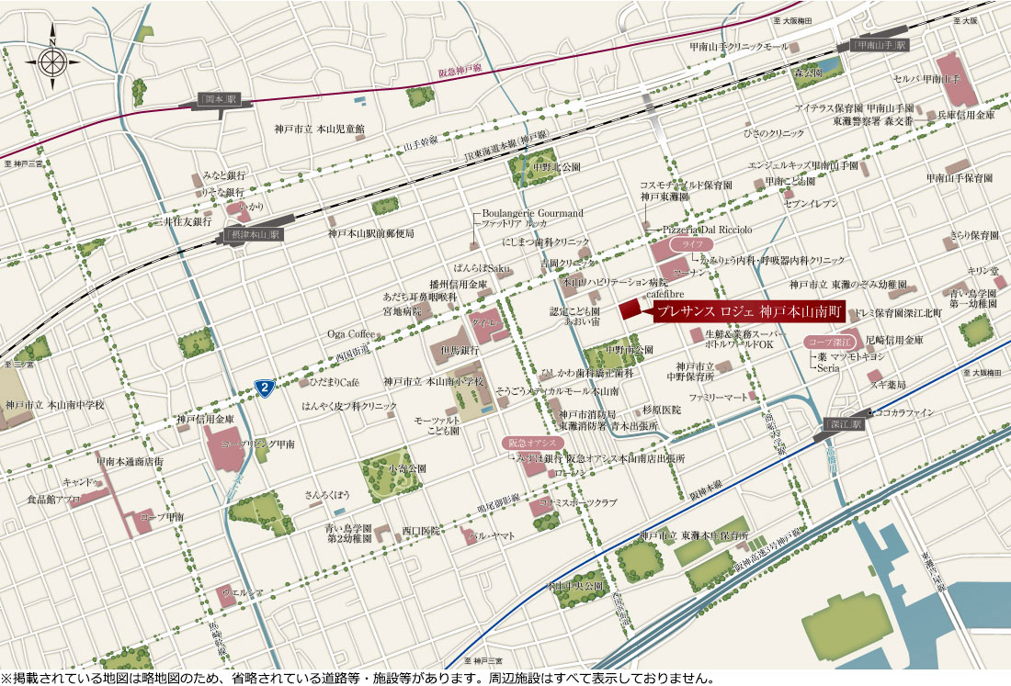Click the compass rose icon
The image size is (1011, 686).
pyautogui.click(x=52, y=62)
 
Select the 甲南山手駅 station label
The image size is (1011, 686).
pyautogui.click(x=879, y=45)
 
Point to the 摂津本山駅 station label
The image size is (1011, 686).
pyautogui.click(x=252, y=234)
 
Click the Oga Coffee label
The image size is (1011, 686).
pyautogui.click(x=351, y=334)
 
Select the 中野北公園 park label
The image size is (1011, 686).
pyautogui.click(x=558, y=168)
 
